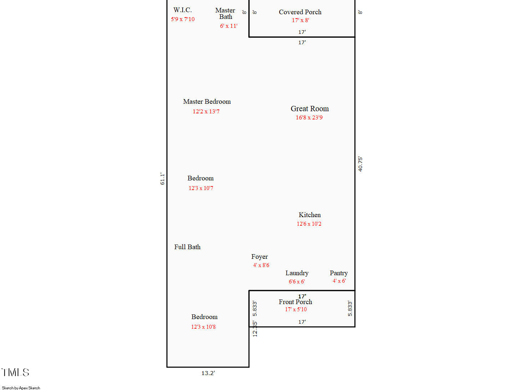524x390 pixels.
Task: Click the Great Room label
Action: pyautogui.click(x=310, y=109)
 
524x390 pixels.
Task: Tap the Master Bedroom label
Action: pyautogui.click(x=207, y=102)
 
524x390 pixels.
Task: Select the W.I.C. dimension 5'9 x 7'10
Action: pyautogui.click(x=183, y=19)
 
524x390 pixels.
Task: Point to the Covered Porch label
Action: pyautogui.click(x=300, y=12)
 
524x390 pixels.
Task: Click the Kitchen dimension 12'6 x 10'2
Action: pyautogui.click(x=309, y=224)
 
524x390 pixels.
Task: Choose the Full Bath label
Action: pyautogui.click(x=187, y=247)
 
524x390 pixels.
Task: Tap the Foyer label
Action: pyautogui.click(x=259, y=257)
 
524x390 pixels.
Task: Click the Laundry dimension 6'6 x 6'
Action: pyautogui.click(x=297, y=282)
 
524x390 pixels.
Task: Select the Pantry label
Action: pyautogui.click(x=339, y=273)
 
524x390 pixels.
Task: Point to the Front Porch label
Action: pyautogui.click(x=295, y=302)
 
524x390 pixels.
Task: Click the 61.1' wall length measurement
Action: pyautogui.click(x=162, y=179)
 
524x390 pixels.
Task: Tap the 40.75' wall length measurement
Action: pyautogui.click(x=360, y=164)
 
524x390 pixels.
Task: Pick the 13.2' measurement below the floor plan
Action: pyautogui.click(x=208, y=373)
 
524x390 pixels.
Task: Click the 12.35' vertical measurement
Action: pyautogui.click(x=255, y=329)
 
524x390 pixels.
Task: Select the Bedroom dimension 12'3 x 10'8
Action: pyautogui.click(x=203, y=327)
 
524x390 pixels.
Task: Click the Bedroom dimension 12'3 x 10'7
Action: pyautogui.click(x=201, y=188)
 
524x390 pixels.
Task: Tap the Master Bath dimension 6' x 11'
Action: pyautogui.click(x=229, y=26)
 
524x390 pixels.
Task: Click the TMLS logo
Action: pyautogui.click(x=15, y=372)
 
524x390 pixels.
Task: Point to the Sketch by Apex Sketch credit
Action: pyautogui.click(x=21, y=388)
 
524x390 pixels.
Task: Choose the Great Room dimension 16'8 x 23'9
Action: pyautogui.click(x=309, y=118)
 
